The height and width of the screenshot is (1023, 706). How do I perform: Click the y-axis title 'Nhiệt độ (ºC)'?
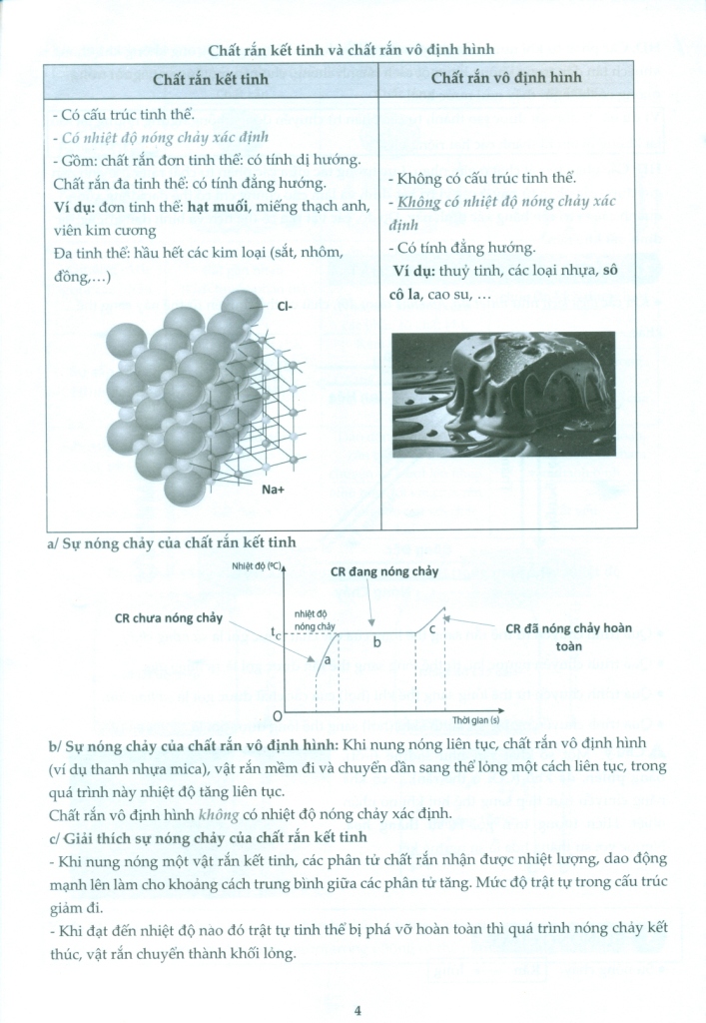[x=256, y=567]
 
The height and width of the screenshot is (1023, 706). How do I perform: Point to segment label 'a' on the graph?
[x=327, y=661]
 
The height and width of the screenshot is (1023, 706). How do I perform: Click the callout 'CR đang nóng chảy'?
[x=384, y=570]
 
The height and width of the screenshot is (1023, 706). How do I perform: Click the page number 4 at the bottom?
[x=356, y=1009]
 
